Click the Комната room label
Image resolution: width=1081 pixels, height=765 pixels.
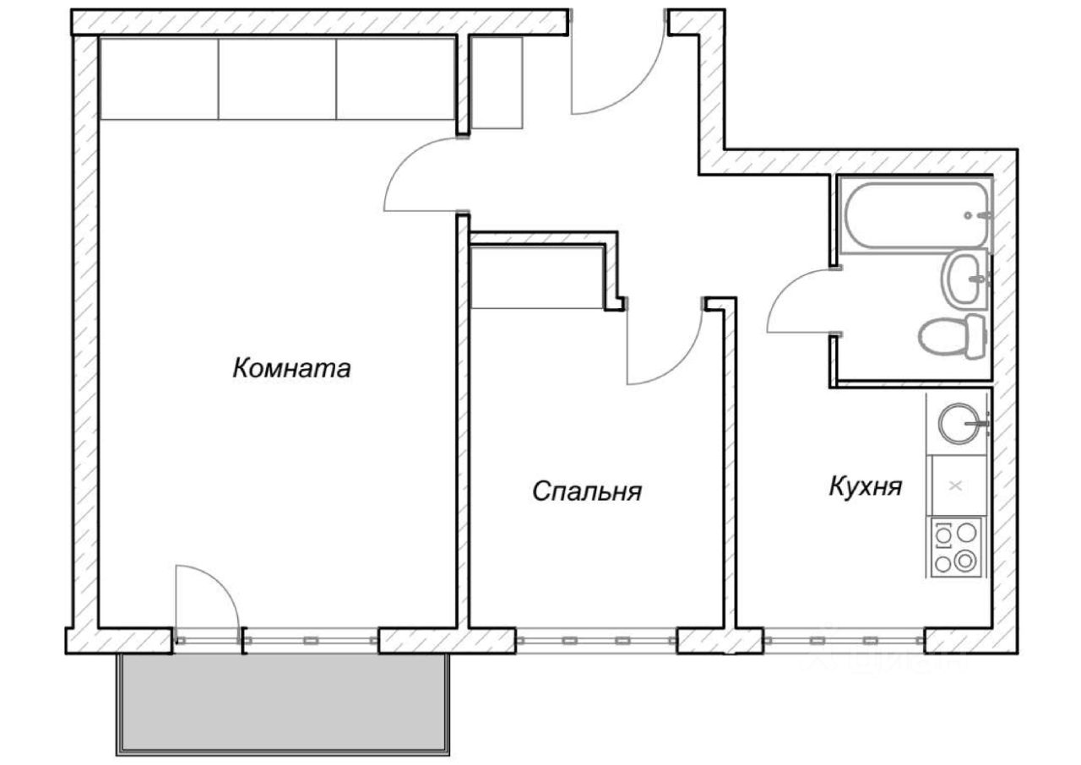pos(291,369)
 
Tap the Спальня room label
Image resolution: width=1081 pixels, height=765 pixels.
pos(587,491)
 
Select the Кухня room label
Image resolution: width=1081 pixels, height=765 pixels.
pos(866,486)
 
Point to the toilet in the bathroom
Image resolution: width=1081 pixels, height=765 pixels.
pos(951,337)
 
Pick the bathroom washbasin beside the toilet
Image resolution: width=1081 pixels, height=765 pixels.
pos(964,279)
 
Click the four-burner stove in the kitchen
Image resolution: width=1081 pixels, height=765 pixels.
pos(957,547)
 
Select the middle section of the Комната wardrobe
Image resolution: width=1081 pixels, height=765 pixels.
pos(278,78)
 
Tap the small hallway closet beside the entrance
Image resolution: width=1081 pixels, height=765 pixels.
pos(496,83)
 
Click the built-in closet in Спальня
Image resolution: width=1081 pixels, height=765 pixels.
pos(537,278)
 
